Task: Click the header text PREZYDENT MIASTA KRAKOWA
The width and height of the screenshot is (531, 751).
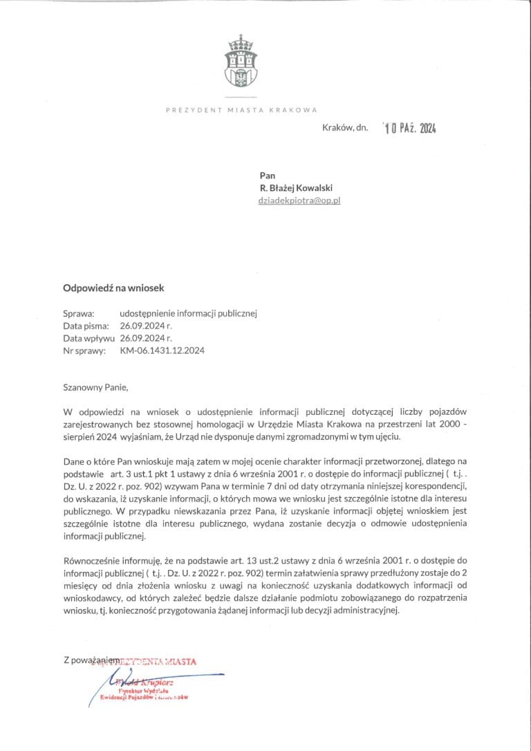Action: pyautogui.click(x=241, y=110)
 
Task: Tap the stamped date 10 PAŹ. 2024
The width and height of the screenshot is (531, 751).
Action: pyautogui.click(x=411, y=128)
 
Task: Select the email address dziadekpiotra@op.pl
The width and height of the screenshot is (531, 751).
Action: pyautogui.click(x=299, y=201)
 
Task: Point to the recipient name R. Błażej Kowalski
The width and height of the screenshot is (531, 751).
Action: pyautogui.click(x=300, y=188)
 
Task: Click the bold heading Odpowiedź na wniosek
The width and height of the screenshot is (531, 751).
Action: pyautogui.click(x=113, y=288)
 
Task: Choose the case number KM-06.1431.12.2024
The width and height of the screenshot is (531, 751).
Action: pyautogui.click(x=162, y=351)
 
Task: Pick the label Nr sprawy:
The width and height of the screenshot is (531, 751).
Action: pyautogui.click(x=84, y=351)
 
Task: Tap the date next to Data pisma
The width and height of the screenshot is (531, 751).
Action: pyautogui.click(x=145, y=326)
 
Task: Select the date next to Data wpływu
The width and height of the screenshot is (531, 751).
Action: pyautogui.click(x=145, y=338)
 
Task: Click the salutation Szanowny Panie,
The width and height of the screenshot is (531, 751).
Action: pyautogui.click(x=96, y=387)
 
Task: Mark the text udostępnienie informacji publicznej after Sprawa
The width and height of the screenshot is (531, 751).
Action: pyautogui.click(x=188, y=313)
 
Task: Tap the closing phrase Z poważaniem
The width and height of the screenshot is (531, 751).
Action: pyautogui.click(x=90, y=661)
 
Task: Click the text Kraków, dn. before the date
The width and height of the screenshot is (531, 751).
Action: pyautogui.click(x=344, y=128)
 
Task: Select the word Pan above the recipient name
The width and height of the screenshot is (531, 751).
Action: pyautogui.click(x=267, y=176)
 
